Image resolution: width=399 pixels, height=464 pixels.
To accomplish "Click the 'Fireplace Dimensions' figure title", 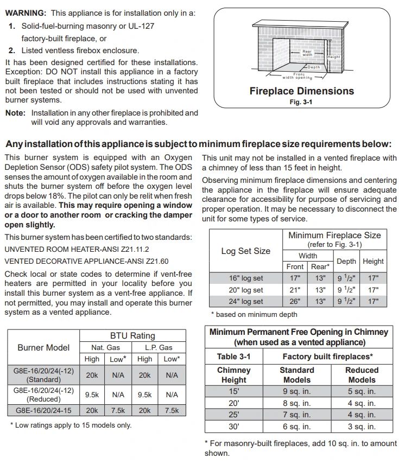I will point(301,91).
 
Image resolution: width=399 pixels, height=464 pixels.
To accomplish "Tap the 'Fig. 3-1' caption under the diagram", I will point(301,102).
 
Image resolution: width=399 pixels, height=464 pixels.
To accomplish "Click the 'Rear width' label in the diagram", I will point(307,53).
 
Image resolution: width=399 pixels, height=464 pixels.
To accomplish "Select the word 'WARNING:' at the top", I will point(26,12).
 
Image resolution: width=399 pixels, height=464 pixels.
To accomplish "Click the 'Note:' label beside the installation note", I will point(15,113).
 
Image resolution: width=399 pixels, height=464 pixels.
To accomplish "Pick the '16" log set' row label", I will point(246,278).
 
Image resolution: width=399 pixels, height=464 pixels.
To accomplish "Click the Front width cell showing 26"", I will point(295,301).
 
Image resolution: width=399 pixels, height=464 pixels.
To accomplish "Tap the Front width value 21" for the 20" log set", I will point(295,290).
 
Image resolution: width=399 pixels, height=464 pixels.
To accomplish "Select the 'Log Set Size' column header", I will point(246,251).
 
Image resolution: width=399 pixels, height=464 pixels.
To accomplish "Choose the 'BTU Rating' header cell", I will point(132,335).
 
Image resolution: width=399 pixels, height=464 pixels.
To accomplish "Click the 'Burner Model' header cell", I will point(43,347).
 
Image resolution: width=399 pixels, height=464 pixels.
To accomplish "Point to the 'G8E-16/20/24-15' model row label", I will point(43,410).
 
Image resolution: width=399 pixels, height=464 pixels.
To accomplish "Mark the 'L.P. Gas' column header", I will point(159,347).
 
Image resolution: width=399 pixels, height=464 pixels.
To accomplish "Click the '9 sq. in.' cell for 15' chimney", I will point(297,391).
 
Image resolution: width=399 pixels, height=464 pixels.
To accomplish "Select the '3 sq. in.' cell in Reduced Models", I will point(362,427).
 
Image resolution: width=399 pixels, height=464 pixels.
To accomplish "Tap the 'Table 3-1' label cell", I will point(233,357).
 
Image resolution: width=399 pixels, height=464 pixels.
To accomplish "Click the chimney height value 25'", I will point(233,415).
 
